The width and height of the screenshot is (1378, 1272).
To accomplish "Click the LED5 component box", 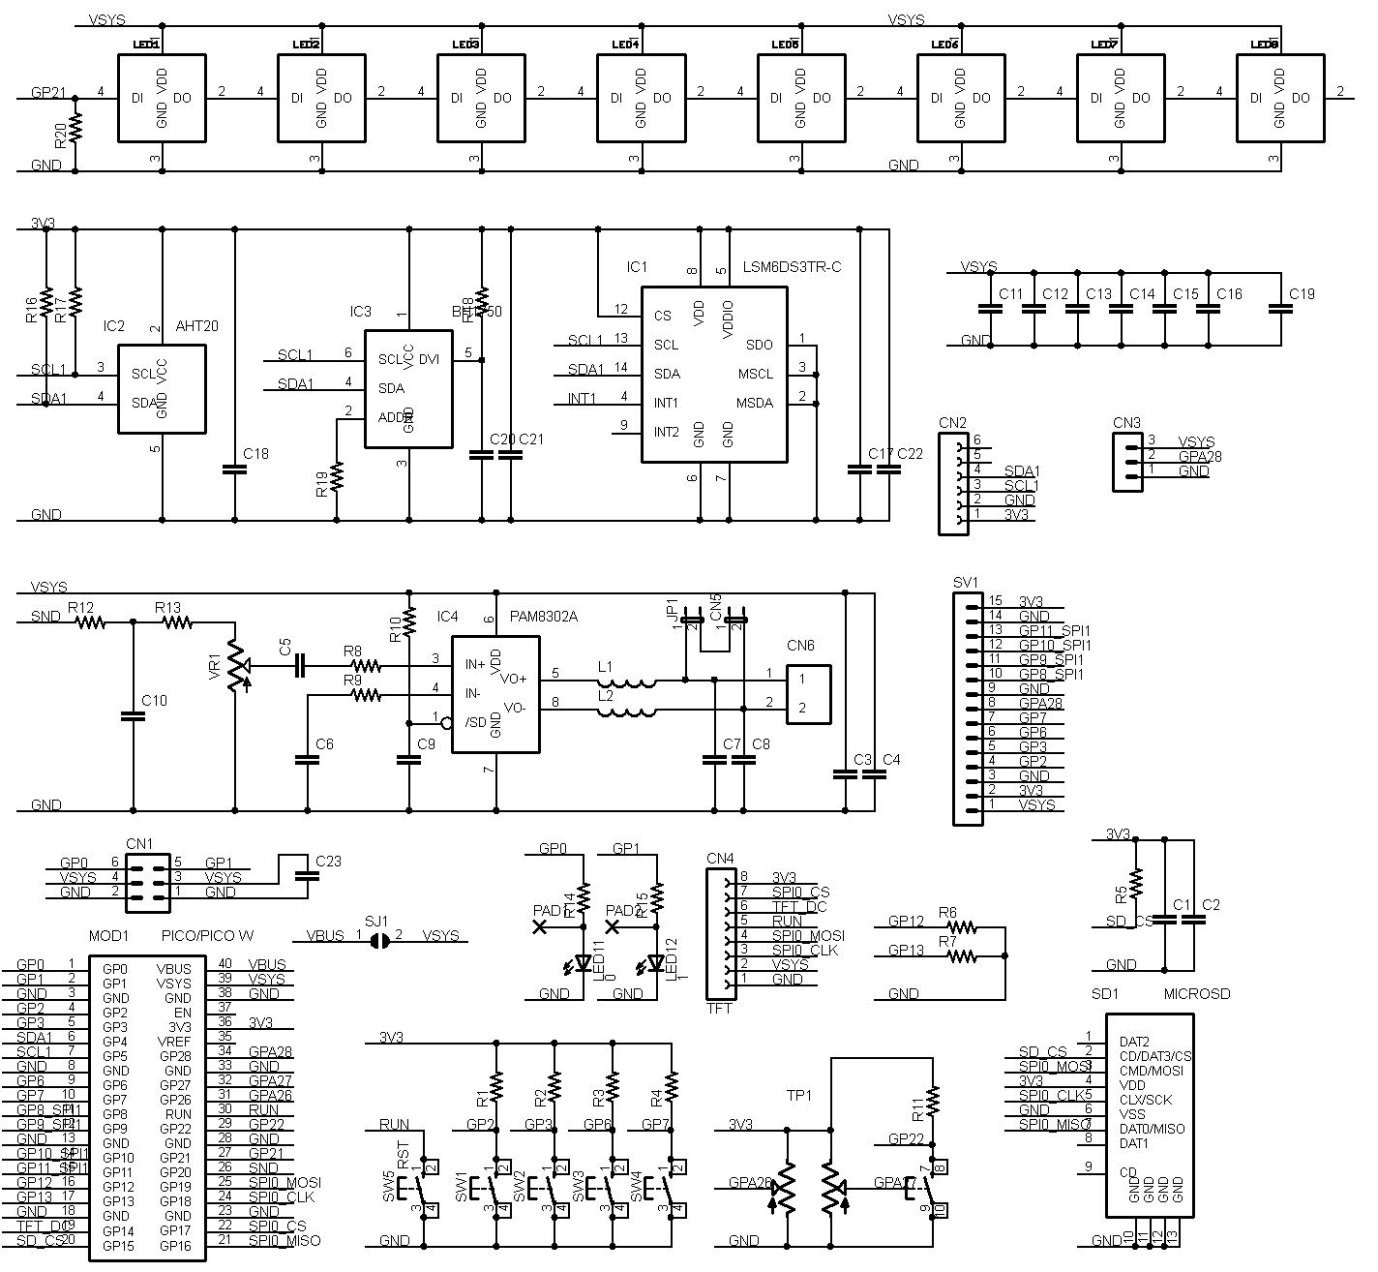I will [x=800, y=98].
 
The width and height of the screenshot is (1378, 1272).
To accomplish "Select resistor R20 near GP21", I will [x=75, y=127].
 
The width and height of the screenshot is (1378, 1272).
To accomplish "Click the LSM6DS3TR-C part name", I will [x=792, y=266].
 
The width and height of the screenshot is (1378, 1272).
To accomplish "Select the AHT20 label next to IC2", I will [x=197, y=326].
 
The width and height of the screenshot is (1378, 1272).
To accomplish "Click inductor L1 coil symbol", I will [x=627, y=681].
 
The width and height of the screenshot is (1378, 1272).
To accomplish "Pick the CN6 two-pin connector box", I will [x=808, y=693].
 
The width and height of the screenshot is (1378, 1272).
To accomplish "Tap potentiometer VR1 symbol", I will [x=235, y=666].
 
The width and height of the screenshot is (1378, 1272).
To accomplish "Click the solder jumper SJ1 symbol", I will [x=380, y=937].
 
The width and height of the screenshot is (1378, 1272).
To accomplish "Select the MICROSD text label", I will [x=1196, y=994].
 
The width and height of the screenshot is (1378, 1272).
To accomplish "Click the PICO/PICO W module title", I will [x=207, y=936].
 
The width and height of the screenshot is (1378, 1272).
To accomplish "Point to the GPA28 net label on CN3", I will [x=1199, y=456].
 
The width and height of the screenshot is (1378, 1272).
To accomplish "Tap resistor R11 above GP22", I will [x=933, y=1099].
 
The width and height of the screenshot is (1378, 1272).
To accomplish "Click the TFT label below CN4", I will [x=719, y=1009].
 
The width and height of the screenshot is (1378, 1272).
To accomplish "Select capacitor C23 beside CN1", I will [x=308, y=873].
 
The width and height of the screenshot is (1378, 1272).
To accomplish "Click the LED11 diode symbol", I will [x=584, y=962].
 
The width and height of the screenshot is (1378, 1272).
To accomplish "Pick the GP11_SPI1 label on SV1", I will [x=1055, y=630].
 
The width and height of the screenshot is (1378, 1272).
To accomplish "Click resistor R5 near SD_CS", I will [x=1137, y=881].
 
